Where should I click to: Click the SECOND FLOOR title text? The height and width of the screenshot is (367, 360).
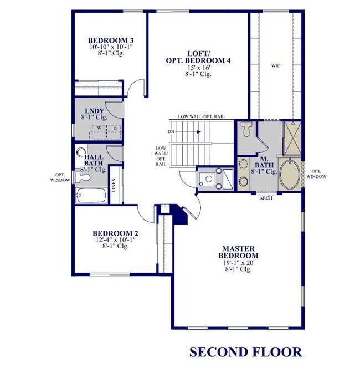click(245, 352)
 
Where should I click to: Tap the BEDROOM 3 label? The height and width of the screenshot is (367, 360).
click(111, 40)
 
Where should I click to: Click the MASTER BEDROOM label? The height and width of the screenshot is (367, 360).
click(239, 252)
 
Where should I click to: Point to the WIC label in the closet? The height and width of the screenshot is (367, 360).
click(275, 65)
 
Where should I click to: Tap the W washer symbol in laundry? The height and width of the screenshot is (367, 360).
click(99, 128)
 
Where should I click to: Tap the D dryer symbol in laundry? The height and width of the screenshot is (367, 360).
click(115, 128)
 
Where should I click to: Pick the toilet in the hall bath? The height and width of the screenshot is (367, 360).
click(84, 177)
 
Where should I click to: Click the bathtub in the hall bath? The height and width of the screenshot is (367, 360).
click(91, 196)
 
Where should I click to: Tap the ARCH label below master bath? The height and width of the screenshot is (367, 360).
click(265, 198)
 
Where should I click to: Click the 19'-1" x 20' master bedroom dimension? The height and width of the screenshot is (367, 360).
click(239, 262)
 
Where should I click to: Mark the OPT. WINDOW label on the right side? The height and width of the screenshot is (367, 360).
click(318, 174)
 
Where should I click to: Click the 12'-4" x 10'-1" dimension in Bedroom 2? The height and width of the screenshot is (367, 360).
click(115, 239)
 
